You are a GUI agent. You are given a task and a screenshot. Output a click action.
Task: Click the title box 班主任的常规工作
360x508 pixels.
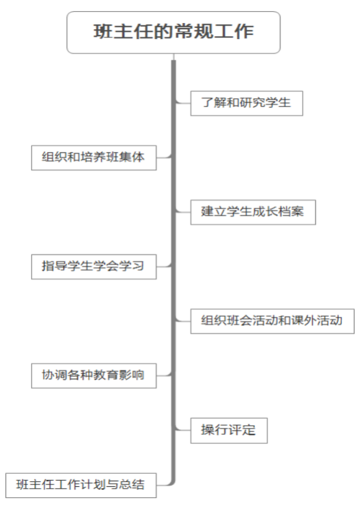coord(174,32)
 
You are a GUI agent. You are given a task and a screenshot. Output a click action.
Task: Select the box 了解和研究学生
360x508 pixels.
coord(246,103)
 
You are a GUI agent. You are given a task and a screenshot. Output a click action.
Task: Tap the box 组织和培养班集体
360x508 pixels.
coord(94,158)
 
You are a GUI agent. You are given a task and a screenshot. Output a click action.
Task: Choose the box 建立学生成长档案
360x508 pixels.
coord(253,212)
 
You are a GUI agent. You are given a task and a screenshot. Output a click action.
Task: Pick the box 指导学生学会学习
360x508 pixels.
coord(94,266)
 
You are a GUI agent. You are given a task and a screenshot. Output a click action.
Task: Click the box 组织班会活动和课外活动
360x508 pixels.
coord(272,321)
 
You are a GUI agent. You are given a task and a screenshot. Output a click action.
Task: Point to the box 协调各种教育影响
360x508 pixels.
coord(94,376)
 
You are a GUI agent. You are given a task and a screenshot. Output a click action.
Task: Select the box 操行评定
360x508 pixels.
coord(229,430)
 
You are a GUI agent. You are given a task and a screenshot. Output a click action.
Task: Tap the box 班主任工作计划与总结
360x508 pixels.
coord(81,485)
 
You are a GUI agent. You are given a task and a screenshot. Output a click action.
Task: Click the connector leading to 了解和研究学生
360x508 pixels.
coord(183,103)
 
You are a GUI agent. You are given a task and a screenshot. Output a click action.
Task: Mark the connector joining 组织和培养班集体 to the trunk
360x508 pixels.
coord(164,158)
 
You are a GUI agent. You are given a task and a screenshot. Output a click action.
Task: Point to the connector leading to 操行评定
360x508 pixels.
coord(183,430)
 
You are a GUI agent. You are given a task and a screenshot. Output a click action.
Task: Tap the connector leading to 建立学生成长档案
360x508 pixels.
coord(183,212)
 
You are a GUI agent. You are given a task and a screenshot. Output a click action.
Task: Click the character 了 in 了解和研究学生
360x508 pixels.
coord(207,102)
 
